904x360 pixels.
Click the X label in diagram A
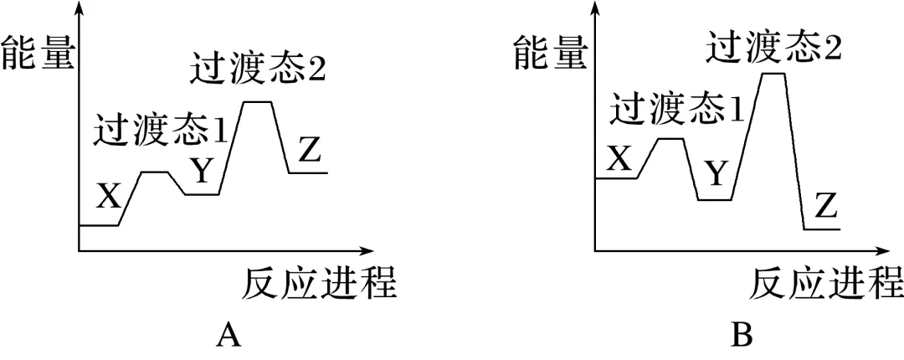[109, 196]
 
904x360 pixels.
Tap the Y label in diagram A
[201, 170]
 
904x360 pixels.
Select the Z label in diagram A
[310, 151]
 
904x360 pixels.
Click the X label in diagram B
[619, 157]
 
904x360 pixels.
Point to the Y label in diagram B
[716, 174]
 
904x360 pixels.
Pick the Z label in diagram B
[826, 205]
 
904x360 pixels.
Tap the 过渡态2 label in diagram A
[257, 70]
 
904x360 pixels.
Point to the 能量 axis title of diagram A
[38, 52]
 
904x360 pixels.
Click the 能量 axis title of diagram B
[550, 52]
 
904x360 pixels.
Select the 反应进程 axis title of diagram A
[319, 285]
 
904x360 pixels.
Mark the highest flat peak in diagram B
[774, 74]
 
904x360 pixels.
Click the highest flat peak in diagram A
[258, 102]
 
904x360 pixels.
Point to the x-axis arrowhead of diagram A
[365, 249]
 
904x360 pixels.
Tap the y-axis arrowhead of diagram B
[595, 8]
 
